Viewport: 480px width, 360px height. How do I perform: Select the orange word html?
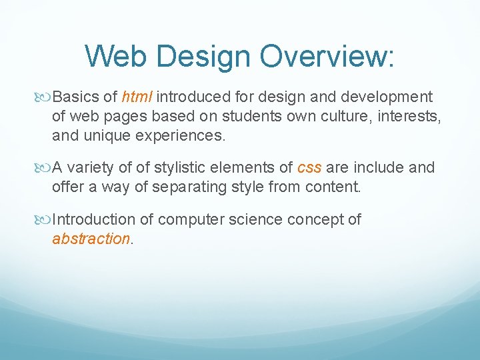[137, 97]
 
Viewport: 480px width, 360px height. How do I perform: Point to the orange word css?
[309, 167]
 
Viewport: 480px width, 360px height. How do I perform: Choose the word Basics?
[75, 97]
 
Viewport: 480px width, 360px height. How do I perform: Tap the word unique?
[101, 137]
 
